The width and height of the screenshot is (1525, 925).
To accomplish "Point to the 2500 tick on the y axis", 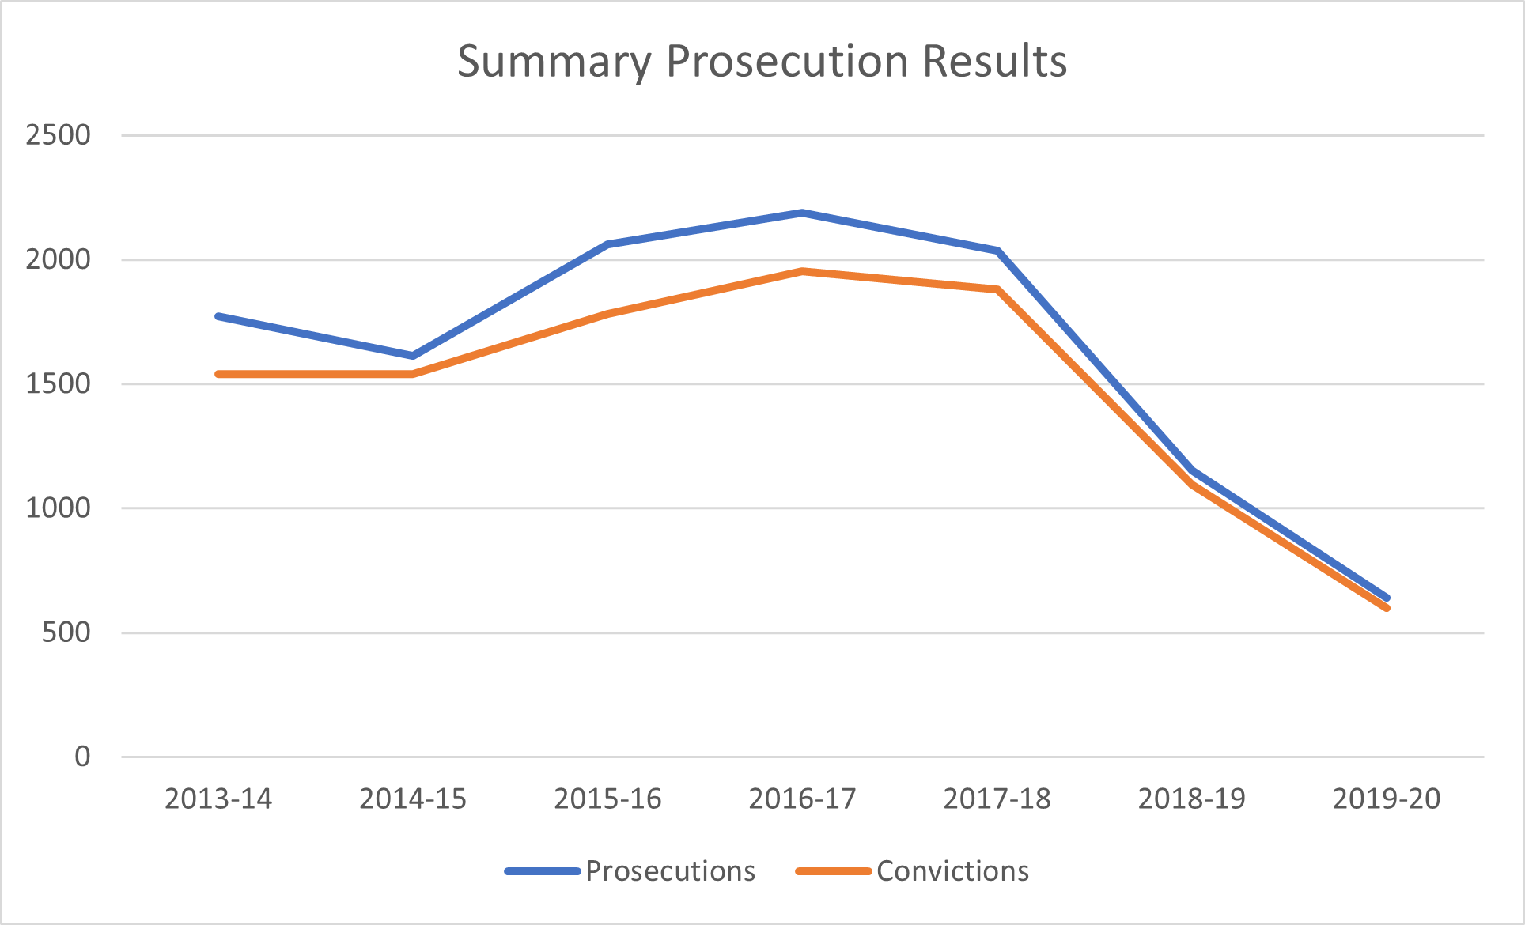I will point(58,135).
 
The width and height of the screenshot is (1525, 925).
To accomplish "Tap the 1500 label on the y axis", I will point(58,384).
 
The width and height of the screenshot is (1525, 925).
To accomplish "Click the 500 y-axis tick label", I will point(66,632).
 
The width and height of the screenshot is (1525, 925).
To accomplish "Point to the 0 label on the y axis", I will point(82,757).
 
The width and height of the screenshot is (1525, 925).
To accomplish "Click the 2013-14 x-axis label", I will point(218,799).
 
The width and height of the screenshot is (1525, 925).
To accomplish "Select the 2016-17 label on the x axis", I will point(802,799).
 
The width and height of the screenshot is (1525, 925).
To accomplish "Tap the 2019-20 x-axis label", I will point(1387,799).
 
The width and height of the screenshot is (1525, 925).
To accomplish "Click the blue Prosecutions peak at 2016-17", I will point(802,213).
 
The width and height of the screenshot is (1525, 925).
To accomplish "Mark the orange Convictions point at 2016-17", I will point(802,271).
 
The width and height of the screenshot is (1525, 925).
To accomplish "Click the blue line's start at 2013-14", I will point(218,316).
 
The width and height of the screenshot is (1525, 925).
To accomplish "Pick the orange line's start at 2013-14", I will point(218,374).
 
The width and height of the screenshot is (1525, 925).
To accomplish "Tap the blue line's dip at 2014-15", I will point(413,356).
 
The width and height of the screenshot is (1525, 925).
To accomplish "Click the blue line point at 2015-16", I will point(607,244).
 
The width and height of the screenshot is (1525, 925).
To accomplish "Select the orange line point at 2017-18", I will point(997,289).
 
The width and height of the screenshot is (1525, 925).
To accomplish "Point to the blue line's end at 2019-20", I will point(1387,598).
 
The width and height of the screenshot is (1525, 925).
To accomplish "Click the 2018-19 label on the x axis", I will point(1192,799).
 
